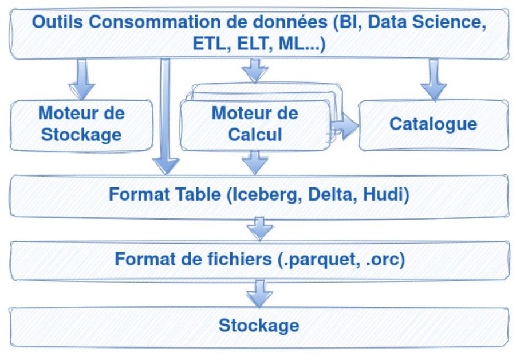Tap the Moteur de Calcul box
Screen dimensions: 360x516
(x=254, y=124)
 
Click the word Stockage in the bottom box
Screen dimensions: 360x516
(x=259, y=326)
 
